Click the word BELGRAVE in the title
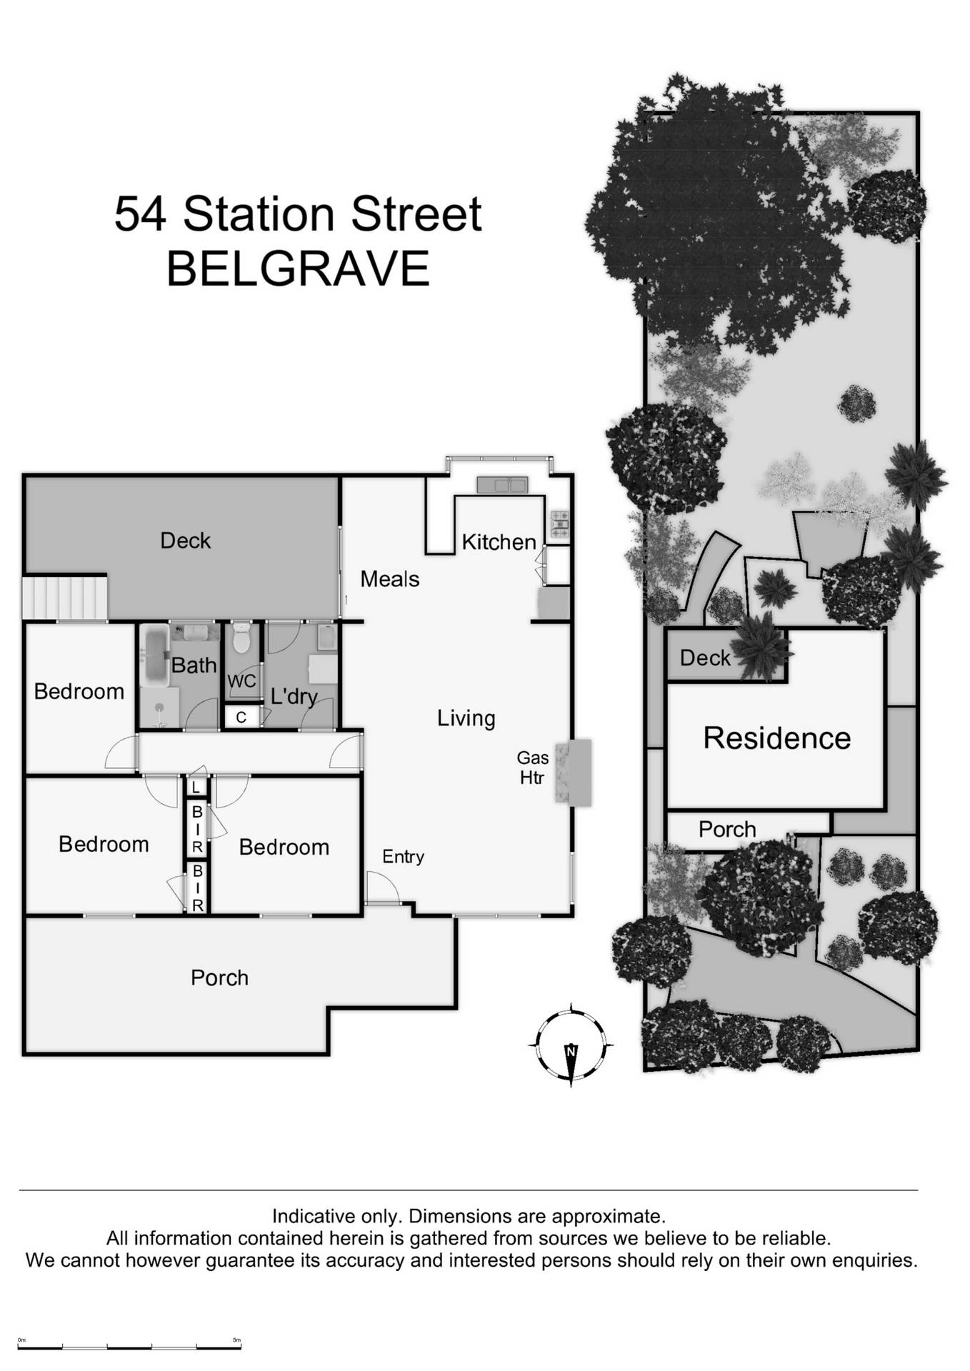(297, 268)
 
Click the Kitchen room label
(499, 542)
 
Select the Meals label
(389, 578)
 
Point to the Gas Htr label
(532, 768)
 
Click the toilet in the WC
(241, 638)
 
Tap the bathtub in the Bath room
(153, 656)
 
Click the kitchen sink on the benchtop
(502, 485)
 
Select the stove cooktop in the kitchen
(560, 524)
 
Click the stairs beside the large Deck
(64, 597)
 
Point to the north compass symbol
(571, 1044)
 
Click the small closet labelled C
(241, 717)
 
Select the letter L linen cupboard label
(196, 788)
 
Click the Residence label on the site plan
(776, 738)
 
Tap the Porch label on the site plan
(726, 829)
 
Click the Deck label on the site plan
(704, 658)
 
